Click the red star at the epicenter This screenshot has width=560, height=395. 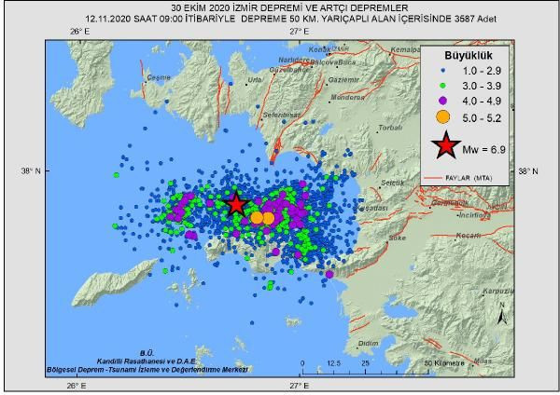(x=236, y=204)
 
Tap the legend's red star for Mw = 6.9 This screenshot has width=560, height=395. (x=444, y=146)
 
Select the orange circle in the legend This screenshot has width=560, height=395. (x=444, y=116)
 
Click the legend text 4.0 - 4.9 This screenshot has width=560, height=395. (x=483, y=100)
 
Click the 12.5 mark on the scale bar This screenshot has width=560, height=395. (x=332, y=363)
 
